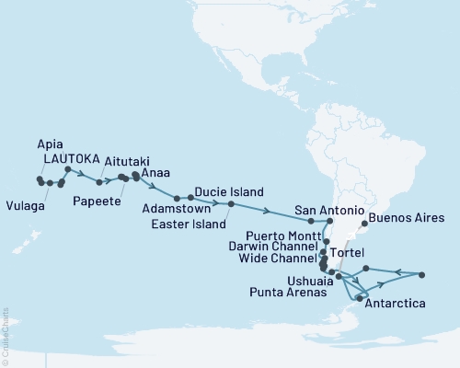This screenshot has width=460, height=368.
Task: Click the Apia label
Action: coord(52,144)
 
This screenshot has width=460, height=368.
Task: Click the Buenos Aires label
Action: coord(408,219)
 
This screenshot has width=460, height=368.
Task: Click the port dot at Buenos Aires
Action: coord(365,223)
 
